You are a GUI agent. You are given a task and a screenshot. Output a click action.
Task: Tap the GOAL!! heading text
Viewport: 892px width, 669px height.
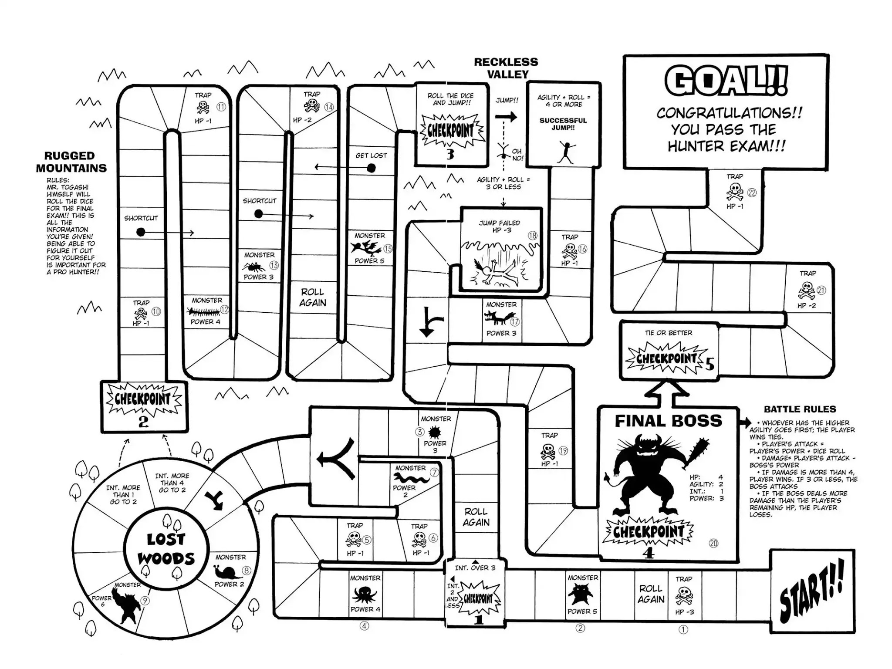tap(726, 81)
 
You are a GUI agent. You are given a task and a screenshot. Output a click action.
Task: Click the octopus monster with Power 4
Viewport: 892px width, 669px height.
tap(365, 594)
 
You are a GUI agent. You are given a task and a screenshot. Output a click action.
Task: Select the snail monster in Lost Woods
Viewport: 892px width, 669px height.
tap(228, 571)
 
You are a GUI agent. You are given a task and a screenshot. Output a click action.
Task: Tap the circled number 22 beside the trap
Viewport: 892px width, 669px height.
tap(752, 193)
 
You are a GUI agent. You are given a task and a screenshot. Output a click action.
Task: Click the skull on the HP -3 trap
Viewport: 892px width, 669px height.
tap(684, 595)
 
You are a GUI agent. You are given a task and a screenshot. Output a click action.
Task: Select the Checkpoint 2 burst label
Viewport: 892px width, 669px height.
tap(143, 399)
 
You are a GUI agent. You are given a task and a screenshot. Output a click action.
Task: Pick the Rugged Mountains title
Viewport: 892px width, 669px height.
tap(71, 162)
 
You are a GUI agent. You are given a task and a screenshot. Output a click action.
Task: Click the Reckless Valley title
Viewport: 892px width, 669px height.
tap(506, 68)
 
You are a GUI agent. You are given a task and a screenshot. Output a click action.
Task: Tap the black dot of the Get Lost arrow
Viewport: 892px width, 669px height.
tap(371, 168)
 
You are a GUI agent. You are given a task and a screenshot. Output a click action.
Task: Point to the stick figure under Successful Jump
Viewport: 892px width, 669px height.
tap(566, 151)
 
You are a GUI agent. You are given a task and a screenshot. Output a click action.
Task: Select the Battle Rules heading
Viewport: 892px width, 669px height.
tap(800, 409)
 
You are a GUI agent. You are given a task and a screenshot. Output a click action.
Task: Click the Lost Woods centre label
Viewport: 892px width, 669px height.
tap(166, 549)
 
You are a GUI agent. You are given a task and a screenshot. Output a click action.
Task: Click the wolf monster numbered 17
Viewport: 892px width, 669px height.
tap(497, 319)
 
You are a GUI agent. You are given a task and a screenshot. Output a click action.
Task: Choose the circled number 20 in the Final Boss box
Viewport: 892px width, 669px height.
tap(713, 543)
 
